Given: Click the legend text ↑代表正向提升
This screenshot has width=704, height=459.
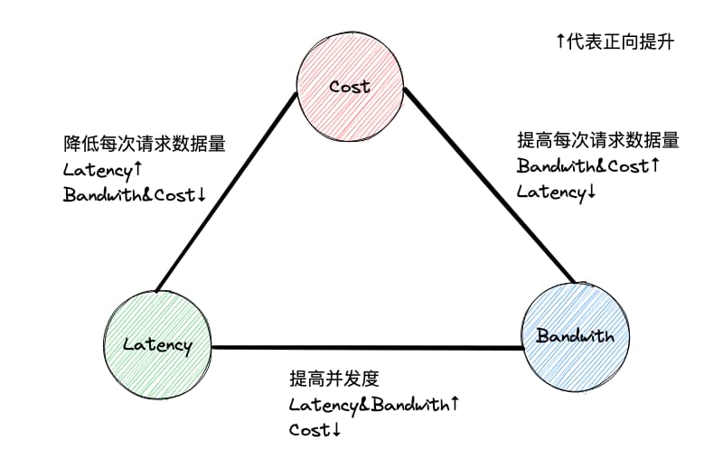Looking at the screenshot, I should tap(615, 42).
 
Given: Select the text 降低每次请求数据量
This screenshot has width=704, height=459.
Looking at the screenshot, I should tap(144, 144).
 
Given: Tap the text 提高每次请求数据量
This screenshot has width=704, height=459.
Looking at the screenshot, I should tap(597, 141).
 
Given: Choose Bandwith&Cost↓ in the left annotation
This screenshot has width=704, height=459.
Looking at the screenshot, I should tap(136, 194).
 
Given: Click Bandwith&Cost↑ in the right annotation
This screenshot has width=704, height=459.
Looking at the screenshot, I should tap(588, 166).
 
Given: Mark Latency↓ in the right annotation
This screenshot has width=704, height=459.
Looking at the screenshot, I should tap(557, 192).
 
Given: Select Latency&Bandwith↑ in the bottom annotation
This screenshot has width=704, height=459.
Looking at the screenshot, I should tap(373, 404).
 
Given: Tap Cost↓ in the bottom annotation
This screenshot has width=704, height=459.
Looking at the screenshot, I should tap(314, 429).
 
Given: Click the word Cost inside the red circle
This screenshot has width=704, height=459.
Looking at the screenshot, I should tap(350, 88).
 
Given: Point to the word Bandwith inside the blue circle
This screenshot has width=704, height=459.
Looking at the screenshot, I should tap(575, 336).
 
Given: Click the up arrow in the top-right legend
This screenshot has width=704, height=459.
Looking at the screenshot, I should tap(560, 42).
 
